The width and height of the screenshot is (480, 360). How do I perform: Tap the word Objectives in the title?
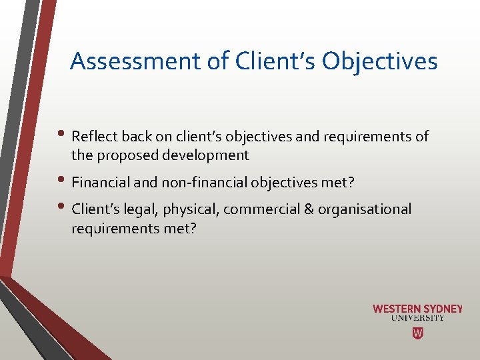[379, 61]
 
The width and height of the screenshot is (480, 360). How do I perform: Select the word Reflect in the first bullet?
[93, 137]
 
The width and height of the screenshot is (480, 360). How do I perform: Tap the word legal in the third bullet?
[131, 209]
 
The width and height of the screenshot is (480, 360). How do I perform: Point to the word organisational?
[365, 209]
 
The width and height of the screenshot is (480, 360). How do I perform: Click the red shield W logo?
[417, 333]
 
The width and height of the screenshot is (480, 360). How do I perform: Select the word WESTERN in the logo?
[397, 309]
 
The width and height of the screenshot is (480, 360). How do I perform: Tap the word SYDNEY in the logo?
[443, 309]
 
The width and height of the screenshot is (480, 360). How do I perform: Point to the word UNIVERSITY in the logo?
[417, 318]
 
